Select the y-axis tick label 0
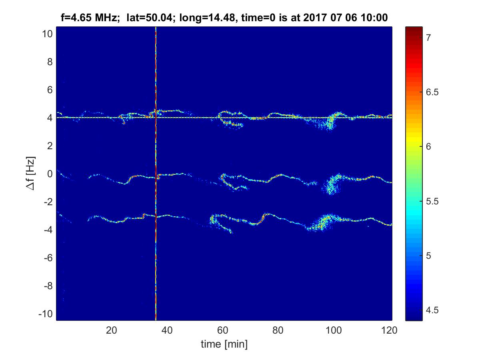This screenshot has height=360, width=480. pyautogui.click(x=50, y=174)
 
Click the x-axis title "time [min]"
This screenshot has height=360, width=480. pyautogui.click(x=224, y=344)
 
